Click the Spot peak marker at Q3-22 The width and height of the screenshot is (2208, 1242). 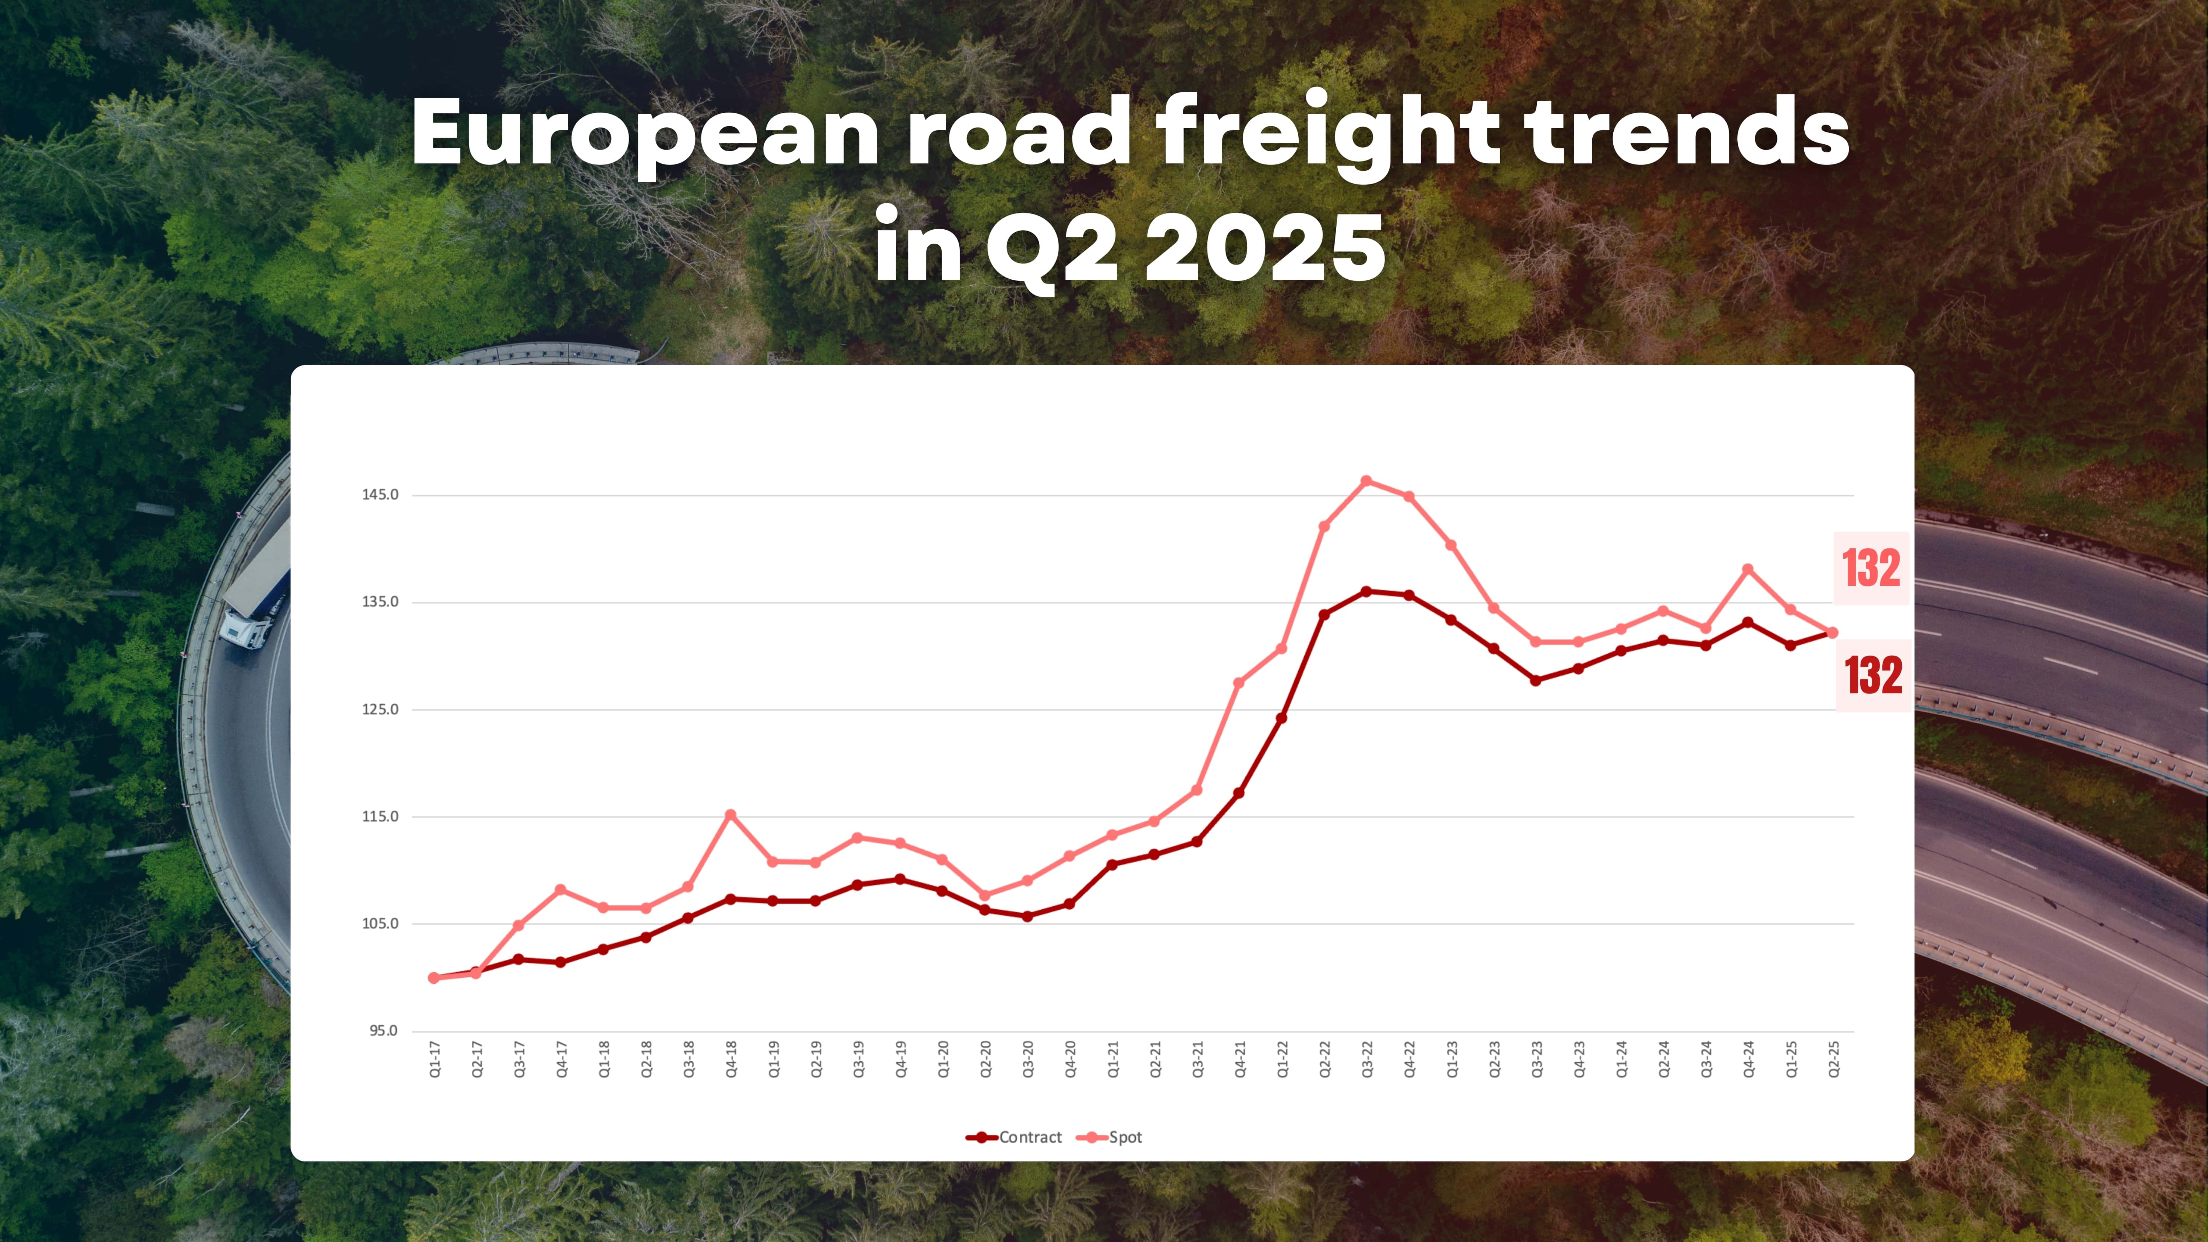1366,481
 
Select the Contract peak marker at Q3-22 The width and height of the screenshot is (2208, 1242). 1366,591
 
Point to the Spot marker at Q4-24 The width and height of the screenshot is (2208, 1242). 1748,569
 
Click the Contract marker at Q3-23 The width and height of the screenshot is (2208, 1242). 1536,680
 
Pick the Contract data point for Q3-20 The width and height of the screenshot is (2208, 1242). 1028,916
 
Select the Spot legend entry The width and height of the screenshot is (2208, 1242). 1114,1137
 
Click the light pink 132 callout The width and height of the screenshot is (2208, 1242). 1871,568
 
